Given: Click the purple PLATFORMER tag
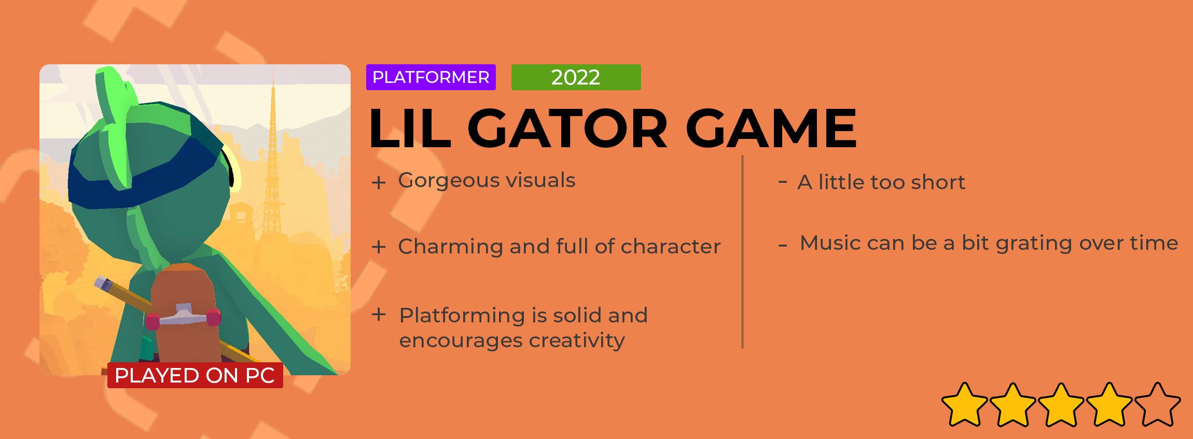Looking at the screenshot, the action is (431, 77).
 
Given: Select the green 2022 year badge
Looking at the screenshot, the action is (576, 77).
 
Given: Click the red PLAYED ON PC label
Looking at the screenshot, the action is (195, 375).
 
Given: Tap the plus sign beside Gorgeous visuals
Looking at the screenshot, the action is (379, 182).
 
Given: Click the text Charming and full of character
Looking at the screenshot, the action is (559, 246).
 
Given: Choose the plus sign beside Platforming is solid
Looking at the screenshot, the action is (379, 314).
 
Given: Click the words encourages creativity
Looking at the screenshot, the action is (512, 341).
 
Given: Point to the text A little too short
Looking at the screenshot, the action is (881, 182).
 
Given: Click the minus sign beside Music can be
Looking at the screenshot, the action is (783, 245).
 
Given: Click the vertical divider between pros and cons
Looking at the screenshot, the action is (743, 252).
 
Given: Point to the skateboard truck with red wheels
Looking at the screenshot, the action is (183, 317).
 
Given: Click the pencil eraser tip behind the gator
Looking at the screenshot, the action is (103, 283).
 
